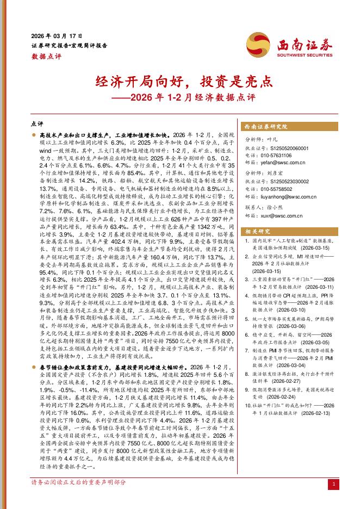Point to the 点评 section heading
click(x=36, y=124)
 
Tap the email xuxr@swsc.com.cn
click(x=282, y=216)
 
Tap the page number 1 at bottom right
click(x=333, y=483)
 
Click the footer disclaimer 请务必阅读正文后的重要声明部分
click(x=78, y=483)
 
